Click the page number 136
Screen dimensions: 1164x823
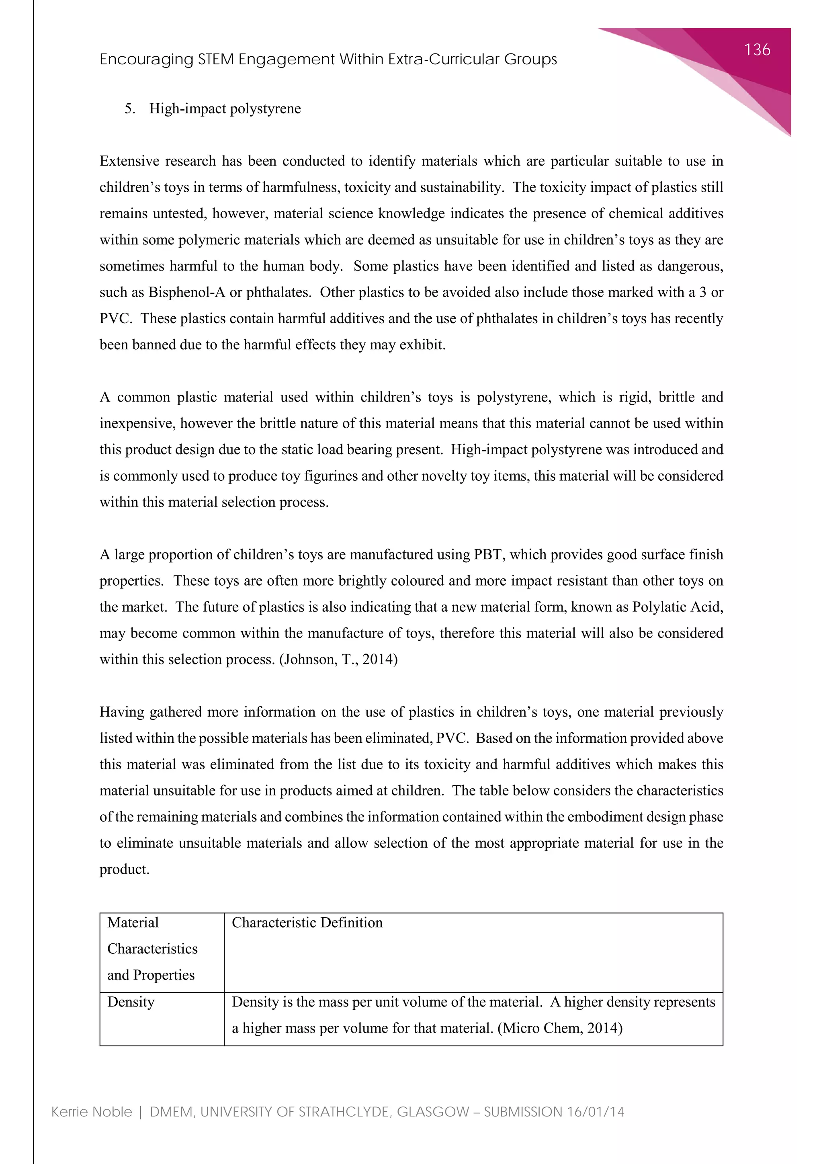757,50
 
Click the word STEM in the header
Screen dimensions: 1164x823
215,59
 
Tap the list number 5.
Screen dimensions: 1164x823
130,109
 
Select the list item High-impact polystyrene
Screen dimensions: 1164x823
225,109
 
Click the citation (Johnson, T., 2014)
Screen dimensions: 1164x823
338,659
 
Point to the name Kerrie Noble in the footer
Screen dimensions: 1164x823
92,1112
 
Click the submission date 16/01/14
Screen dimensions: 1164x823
596,1112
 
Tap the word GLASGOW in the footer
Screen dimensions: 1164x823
433,1112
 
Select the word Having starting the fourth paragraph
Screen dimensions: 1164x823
122,712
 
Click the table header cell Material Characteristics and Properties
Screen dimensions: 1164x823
152,949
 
